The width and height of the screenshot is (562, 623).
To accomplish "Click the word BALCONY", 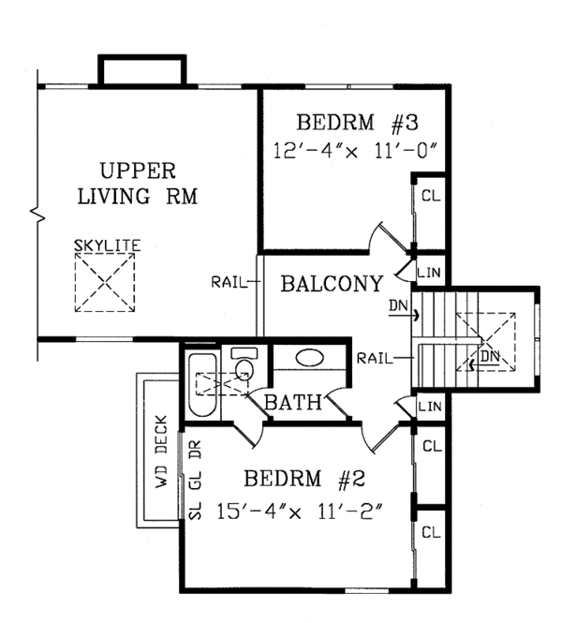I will tap(331, 284).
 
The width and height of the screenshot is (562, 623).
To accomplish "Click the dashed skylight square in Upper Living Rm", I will tap(107, 284).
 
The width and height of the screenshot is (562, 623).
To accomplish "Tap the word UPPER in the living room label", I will tap(138, 171).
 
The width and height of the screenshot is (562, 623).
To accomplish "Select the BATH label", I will tap(293, 403).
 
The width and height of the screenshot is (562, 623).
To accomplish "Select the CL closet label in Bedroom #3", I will tap(431, 196).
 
